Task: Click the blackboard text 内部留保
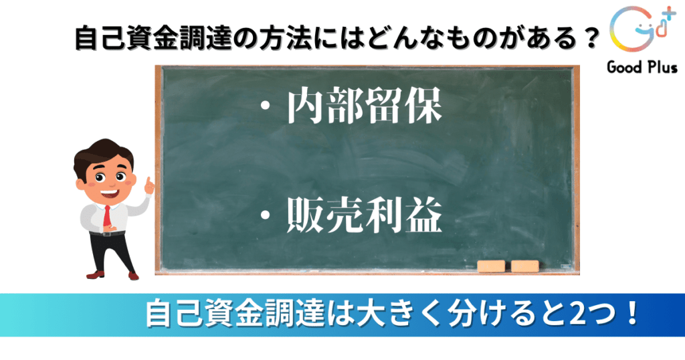(365, 106)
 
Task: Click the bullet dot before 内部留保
(265, 108)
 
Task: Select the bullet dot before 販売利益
(265, 216)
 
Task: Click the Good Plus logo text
(642, 68)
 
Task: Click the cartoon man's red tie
(107, 216)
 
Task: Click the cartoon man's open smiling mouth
(110, 192)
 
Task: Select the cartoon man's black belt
(108, 234)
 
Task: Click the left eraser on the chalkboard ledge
(491, 266)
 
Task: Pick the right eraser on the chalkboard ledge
(524, 266)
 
